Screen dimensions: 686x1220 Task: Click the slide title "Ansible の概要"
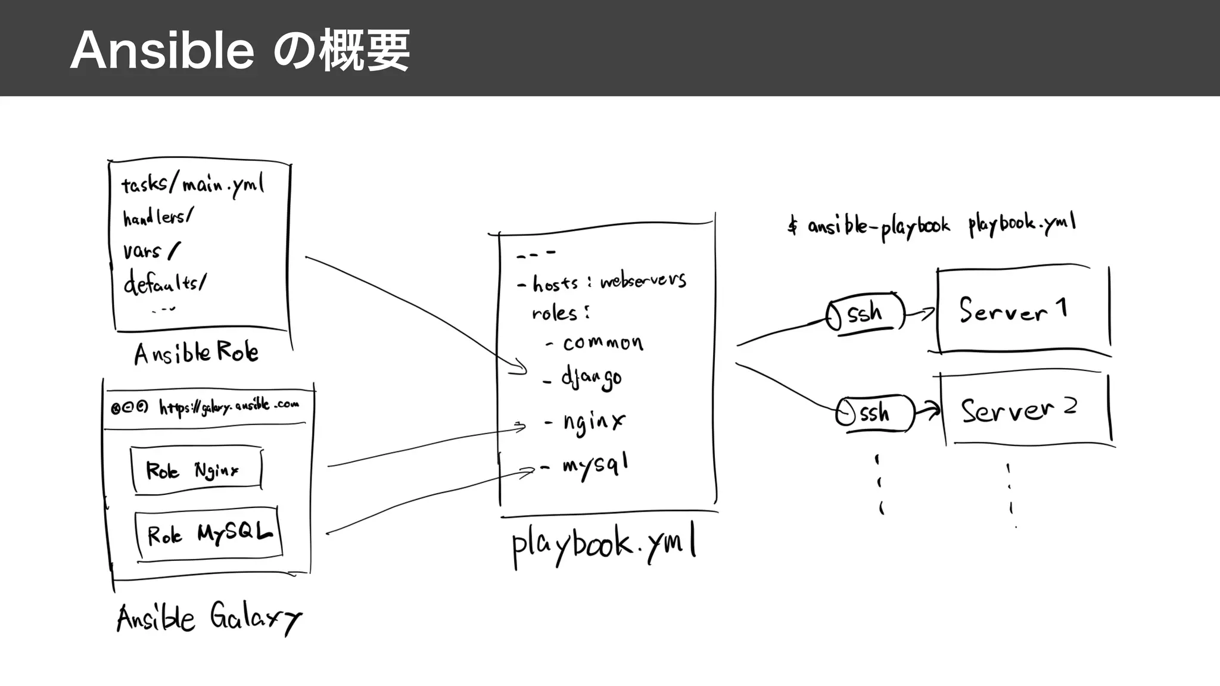click(239, 51)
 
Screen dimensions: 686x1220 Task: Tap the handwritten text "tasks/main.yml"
click(192, 185)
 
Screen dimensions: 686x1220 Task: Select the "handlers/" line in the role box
click(158, 217)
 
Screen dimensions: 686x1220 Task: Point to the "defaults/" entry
click(165, 282)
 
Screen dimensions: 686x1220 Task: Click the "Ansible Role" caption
click(196, 353)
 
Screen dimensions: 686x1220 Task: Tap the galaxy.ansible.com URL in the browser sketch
click(229, 407)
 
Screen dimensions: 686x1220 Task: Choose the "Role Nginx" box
click(196, 470)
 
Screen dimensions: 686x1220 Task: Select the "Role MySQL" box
click(208, 533)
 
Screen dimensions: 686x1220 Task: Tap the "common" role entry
click(602, 343)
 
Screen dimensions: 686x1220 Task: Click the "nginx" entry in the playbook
click(593, 423)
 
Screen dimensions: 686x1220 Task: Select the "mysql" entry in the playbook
click(595, 466)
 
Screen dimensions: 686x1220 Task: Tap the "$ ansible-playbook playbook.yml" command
click(932, 225)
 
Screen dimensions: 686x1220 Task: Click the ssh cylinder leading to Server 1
click(865, 313)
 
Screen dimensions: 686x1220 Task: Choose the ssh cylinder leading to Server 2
click(874, 413)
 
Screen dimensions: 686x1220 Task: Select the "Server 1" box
click(1022, 310)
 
